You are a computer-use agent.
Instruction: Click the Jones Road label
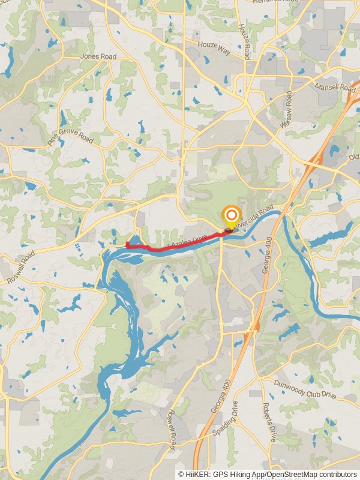pos(98,57)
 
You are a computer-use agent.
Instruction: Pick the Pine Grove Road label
pos(71,136)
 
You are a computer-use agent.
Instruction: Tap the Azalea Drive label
pos(188,242)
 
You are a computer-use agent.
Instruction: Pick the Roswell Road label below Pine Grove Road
pos(21,267)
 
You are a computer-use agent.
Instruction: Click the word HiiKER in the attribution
pos(200,474)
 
